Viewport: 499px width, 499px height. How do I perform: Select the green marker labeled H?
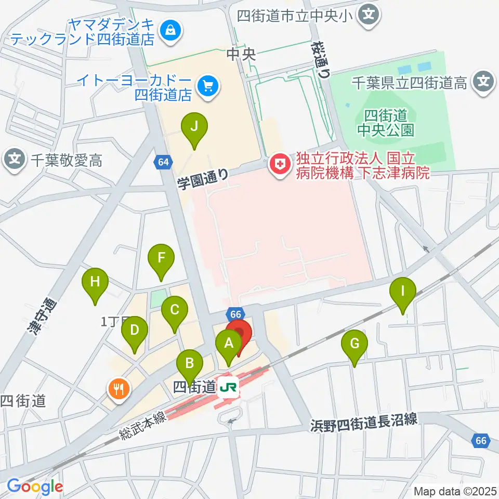coord(95,282)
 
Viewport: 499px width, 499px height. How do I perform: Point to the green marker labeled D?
coord(135,331)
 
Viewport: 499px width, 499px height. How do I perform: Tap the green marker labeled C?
coord(174,311)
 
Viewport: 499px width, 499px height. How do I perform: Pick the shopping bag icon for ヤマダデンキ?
coord(170,31)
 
